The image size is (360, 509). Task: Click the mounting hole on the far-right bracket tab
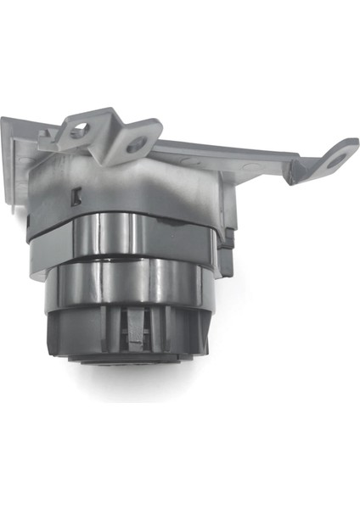click(336, 159)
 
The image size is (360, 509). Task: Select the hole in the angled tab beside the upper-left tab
click(136, 145)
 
